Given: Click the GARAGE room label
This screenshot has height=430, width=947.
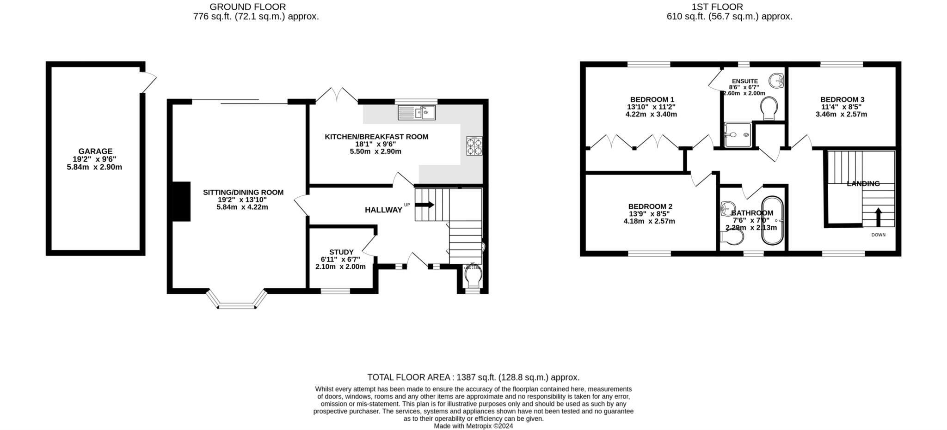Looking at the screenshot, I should point(95,151).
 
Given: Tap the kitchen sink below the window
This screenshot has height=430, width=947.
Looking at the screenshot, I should point(416,113).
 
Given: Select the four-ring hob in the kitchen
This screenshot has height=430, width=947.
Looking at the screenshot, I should point(474,145).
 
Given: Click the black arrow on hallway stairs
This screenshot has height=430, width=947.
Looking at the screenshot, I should point(424,205).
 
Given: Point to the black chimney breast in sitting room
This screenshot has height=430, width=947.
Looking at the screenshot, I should point(181,201).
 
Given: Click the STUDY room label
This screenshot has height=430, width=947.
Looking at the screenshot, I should point(341,252).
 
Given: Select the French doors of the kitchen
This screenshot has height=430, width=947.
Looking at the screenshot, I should point(337,96).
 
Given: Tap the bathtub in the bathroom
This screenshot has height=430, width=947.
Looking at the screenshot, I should point(773,220).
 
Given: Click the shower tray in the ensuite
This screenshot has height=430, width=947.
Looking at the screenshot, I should point(737,134).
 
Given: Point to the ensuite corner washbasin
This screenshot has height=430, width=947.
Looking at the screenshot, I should point(777,81).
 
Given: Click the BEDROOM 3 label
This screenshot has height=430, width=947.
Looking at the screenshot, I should point(842,99).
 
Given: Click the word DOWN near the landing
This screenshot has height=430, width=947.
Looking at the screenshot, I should point(878,235).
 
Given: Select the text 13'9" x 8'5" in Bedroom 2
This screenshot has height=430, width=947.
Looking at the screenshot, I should point(649,214).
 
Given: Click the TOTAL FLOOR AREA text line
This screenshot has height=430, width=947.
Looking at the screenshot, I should point(473,377).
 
